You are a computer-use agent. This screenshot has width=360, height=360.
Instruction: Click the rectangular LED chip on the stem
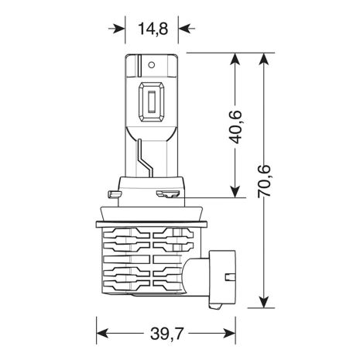tap(152, 104)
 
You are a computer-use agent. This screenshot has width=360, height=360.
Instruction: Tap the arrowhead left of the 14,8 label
tap(119, 29)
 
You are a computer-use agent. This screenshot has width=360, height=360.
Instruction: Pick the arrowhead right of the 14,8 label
tap(183, 29)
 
